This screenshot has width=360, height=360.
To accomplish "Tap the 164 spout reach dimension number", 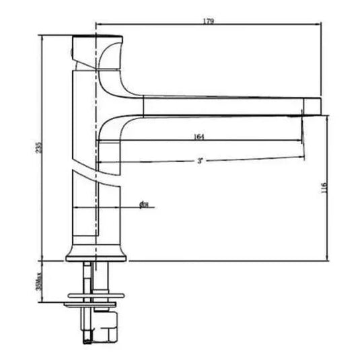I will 199,137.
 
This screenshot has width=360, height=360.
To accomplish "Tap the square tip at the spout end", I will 312,106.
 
